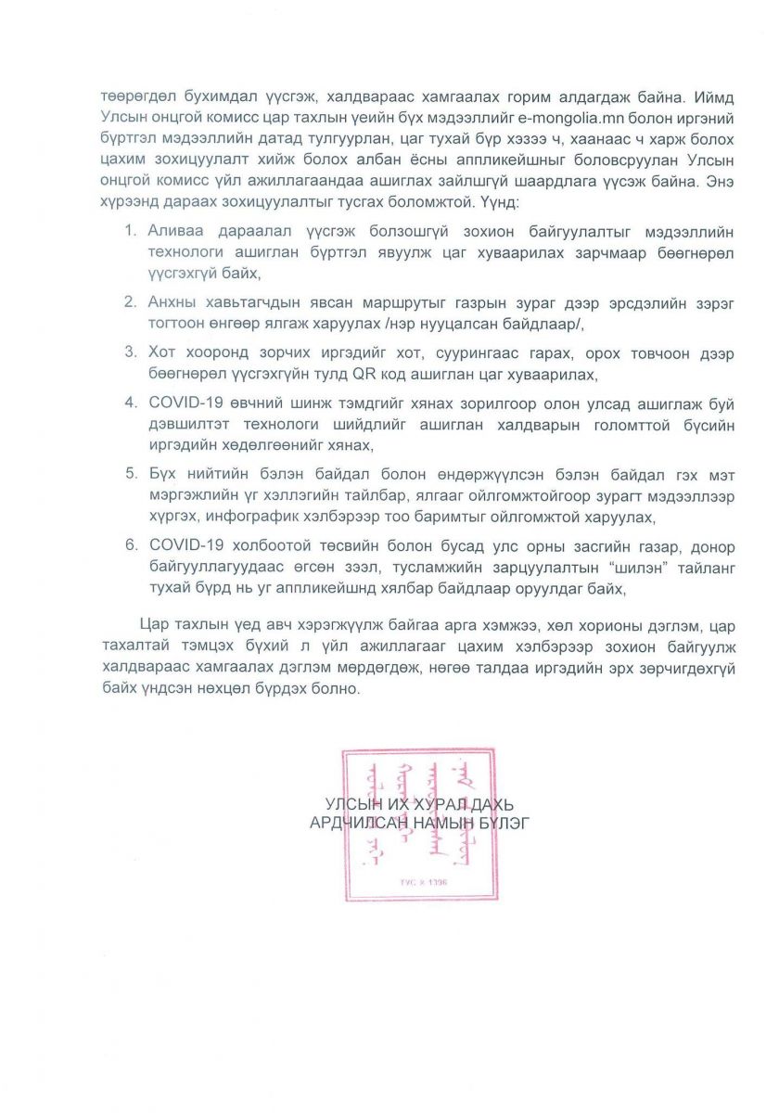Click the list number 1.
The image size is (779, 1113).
click(x=131, y=228)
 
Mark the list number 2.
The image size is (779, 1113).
click(x=131, y=301)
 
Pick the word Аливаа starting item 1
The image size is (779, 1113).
click(x=176, y=228)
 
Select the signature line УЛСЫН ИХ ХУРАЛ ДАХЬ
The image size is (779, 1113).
click(x=419, y=803)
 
